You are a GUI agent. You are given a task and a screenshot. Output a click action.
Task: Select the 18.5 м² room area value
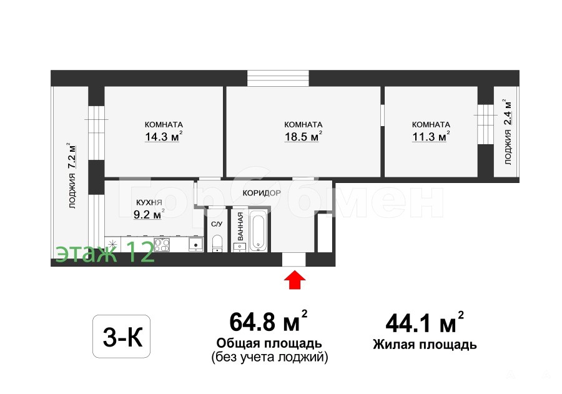click(303, 137)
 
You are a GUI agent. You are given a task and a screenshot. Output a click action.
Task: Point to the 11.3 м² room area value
click(431, 137)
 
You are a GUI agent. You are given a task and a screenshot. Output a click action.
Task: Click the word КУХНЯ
click(149, 202)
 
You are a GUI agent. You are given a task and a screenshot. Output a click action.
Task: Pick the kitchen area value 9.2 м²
click(149, 214)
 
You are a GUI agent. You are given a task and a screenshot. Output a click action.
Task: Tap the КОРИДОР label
click(262, 193)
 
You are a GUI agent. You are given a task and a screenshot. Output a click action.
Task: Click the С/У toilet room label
click(217, 224)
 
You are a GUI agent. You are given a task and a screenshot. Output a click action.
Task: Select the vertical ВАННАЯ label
click(240, 226)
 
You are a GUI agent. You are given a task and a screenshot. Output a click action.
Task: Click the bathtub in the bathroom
click(258, 231)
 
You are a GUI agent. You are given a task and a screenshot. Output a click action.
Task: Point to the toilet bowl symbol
click(217, 243)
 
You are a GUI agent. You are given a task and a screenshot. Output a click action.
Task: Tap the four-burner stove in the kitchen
click(162, 245)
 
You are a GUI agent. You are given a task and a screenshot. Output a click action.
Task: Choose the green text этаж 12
click(105, 252)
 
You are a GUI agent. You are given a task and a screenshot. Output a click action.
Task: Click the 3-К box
click(122, 337)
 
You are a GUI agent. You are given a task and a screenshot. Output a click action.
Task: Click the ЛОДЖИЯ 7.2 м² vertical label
click(72, 175)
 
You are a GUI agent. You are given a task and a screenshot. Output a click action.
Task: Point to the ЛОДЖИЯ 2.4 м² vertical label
click(507, 132)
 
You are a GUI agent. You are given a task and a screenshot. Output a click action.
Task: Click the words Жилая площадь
click(425, 345)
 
